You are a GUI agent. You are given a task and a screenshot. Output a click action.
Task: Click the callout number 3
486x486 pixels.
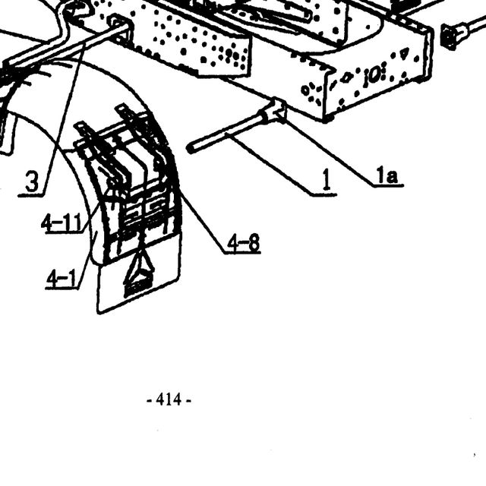[32, 181]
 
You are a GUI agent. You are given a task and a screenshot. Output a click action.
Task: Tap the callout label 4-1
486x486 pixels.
[61, 279]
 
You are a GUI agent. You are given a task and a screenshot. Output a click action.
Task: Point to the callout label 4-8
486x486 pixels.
[244, 242]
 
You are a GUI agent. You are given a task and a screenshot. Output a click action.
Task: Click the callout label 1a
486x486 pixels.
[387, 175]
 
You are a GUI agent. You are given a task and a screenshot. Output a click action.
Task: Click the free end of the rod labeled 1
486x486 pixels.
[190, 149]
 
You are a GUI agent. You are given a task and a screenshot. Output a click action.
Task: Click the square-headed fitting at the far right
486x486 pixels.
[449, 36]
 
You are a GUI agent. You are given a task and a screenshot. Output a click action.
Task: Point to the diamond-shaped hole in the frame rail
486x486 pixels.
[345, 78]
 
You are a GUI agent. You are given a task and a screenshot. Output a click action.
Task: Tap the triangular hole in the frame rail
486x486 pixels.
[404, 53]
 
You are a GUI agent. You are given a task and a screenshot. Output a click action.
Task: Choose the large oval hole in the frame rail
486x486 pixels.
[374, 76]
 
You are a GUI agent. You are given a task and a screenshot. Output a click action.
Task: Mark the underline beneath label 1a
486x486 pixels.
[388, 186]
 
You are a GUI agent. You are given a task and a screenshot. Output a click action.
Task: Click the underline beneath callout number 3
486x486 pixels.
[31, 195]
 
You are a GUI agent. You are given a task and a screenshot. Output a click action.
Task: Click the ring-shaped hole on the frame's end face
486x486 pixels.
[305, 90]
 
